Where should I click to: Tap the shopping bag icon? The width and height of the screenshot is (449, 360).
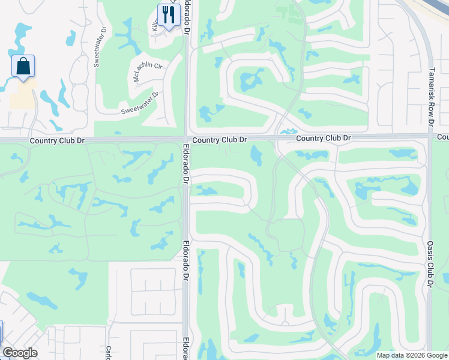tap(23, 67)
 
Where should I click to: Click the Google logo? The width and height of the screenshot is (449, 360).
tap(20, 353)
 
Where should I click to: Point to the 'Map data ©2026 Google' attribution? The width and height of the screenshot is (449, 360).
tap(412, 355)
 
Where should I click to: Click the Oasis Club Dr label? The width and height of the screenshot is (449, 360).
tap(430, 264)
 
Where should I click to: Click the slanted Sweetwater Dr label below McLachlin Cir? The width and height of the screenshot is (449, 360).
tap(140, 103)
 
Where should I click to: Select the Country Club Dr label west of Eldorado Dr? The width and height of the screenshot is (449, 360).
tap(55, 140)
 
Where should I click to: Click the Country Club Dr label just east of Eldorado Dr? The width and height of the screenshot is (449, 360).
tap(220, 139)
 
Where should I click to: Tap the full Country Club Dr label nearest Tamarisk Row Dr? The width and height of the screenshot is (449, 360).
tap(323, 138)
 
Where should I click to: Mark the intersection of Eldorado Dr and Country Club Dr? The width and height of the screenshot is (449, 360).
tap(185, 139)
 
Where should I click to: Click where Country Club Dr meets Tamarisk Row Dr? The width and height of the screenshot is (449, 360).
tap(430, 136)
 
